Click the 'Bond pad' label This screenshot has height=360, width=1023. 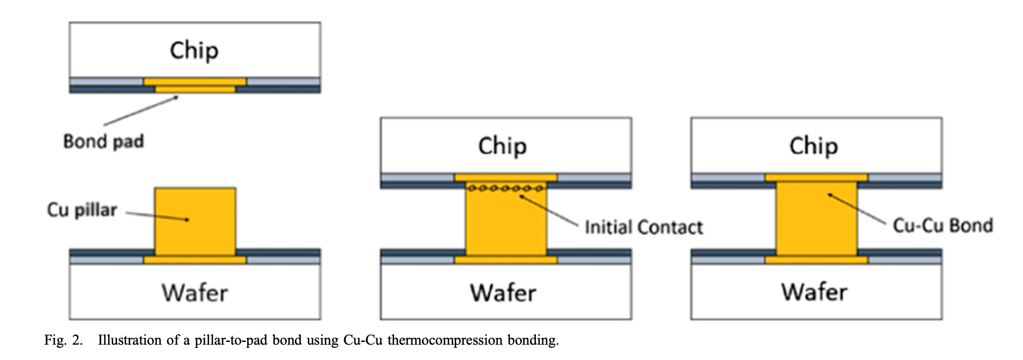click(103, 141)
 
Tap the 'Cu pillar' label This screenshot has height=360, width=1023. click(82, 210)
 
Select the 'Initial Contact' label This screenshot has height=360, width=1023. click(643, 227)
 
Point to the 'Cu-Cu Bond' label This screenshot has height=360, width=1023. click(943, 226)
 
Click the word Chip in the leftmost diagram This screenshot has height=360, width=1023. click(194, 51)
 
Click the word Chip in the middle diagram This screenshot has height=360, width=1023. click(502, 146)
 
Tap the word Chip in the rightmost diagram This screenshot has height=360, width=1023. click(814, 146)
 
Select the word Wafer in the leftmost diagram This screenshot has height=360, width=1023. click(195, 292)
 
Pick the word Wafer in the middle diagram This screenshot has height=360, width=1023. click(503, 292)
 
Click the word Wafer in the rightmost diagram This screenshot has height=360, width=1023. click(814, 292)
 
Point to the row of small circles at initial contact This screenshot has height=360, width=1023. click(506, 188)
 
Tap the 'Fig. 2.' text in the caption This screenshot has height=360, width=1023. click(64, 340)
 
